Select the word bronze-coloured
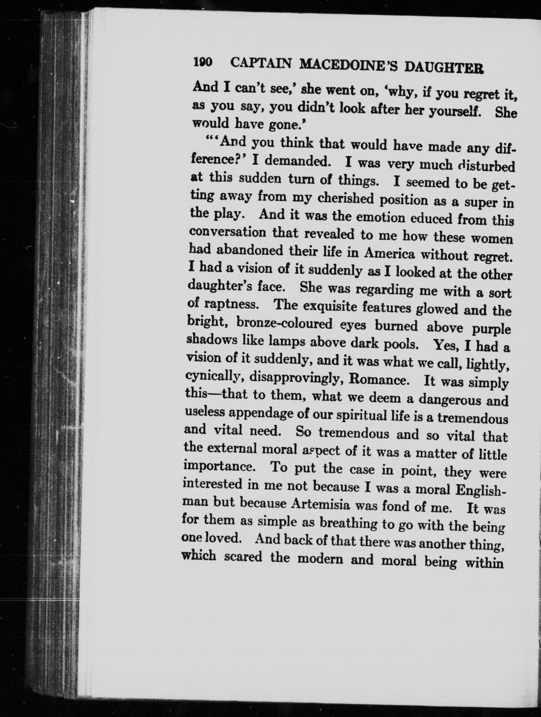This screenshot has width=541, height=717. click(x=284, y=323)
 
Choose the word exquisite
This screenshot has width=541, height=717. click(x=327, y=306)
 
